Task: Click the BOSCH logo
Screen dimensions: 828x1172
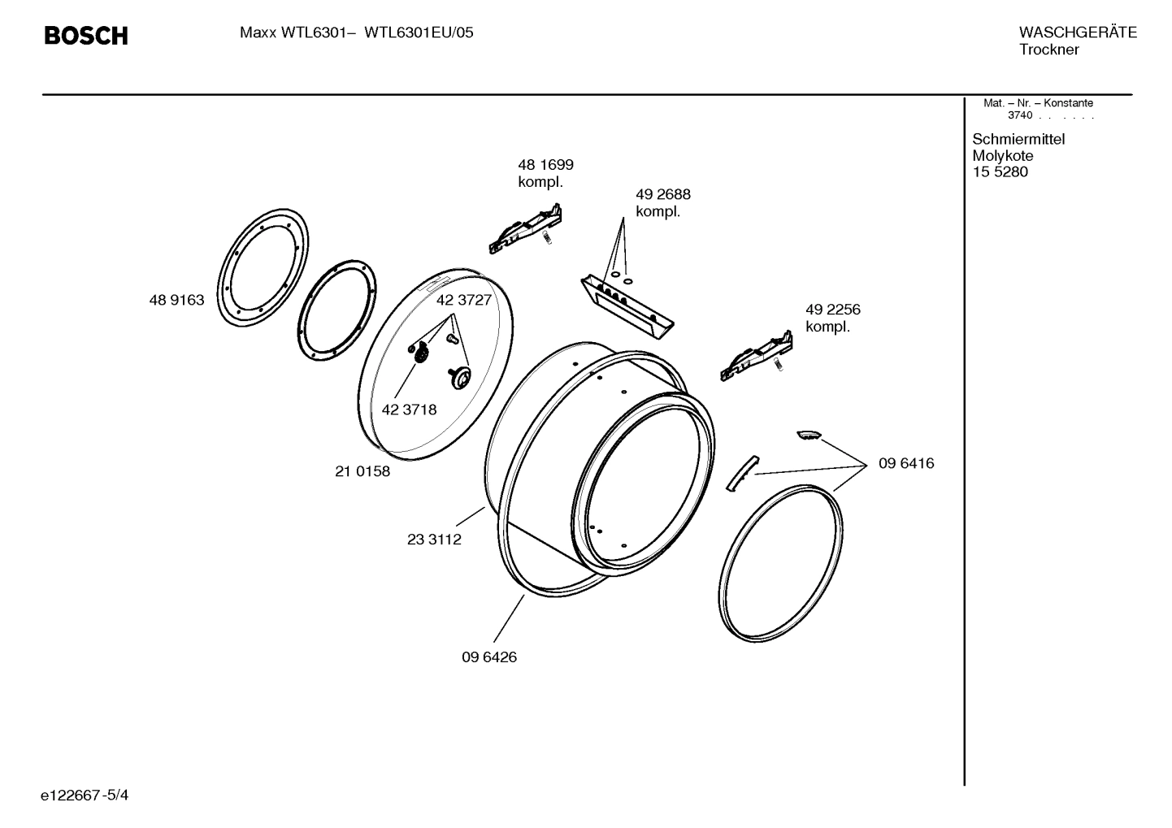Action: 85,36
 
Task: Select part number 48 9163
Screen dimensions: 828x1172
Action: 176,301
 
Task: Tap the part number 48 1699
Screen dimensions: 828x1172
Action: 545,165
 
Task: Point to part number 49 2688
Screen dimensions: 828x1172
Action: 662,195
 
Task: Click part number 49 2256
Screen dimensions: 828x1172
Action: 832,310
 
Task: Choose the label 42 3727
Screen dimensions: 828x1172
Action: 463,300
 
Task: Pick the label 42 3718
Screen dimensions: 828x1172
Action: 409,410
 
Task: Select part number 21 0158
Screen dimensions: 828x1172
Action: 362,471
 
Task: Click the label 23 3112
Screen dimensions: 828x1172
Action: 434,540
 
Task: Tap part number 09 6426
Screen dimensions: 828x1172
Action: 489,657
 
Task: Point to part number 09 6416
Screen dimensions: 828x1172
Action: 906,463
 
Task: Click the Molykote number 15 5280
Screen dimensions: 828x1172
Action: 1000,172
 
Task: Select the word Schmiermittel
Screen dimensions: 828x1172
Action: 1018,139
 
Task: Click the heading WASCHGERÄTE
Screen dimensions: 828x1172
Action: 1077,33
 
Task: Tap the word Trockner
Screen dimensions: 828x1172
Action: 1048,50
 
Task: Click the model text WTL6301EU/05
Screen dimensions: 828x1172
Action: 419,33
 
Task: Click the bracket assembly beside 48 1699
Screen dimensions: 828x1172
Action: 526,228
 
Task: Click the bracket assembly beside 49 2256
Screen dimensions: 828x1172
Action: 756,357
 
